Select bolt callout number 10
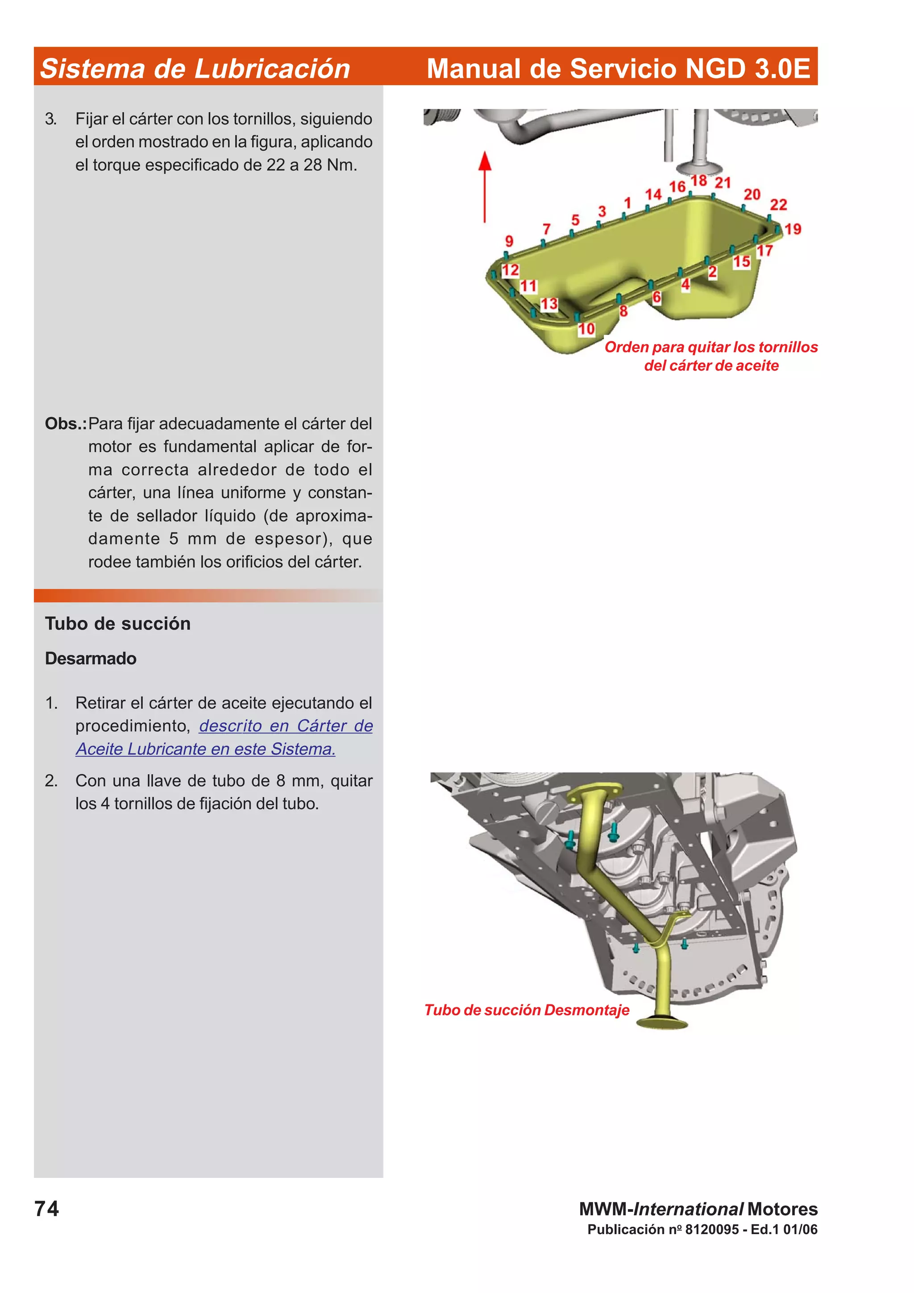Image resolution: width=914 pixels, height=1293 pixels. coord(586,329)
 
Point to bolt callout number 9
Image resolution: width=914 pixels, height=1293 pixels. coord(509,241)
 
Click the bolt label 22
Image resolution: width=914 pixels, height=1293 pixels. coord(778,204)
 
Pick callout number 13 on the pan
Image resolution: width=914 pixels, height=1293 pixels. coord(549,304)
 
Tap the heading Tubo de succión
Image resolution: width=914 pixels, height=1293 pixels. coord(118,623)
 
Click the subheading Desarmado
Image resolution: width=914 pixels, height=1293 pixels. coord(91,659)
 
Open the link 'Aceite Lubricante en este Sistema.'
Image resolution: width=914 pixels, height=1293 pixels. coord(206,749)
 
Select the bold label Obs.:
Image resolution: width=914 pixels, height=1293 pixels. coord(65,423)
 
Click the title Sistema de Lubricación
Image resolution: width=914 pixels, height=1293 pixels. coord(195,69)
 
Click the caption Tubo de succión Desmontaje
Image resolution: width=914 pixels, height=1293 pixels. coord(527,1010)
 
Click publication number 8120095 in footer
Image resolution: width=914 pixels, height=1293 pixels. coord(711,1229)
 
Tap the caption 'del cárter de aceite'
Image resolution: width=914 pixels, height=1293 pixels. coord(711,365)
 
